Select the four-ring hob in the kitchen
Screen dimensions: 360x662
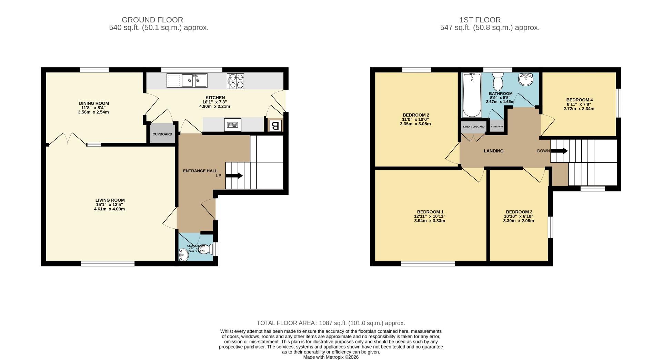[235, 81]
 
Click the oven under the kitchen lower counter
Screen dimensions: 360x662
[232, 124]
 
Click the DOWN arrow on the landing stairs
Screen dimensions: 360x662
[559, 151]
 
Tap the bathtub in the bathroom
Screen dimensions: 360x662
[472, 95]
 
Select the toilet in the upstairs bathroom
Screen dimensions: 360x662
[498, 82]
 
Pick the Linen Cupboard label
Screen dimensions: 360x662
[473, 127]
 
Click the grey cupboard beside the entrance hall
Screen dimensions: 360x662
[162, 133]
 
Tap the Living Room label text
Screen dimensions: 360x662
[110, 200]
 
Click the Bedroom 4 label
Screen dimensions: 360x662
[579, 100]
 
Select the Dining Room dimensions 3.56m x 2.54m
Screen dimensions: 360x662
[93, 112]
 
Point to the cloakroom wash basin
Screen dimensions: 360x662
[183, 256]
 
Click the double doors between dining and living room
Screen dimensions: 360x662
[68, 139]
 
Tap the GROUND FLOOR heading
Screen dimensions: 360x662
[152, 20]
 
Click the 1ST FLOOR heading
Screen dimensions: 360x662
[489, 20]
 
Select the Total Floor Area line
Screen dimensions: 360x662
[331, 323]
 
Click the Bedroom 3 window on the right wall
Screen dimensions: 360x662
[551, 227]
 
